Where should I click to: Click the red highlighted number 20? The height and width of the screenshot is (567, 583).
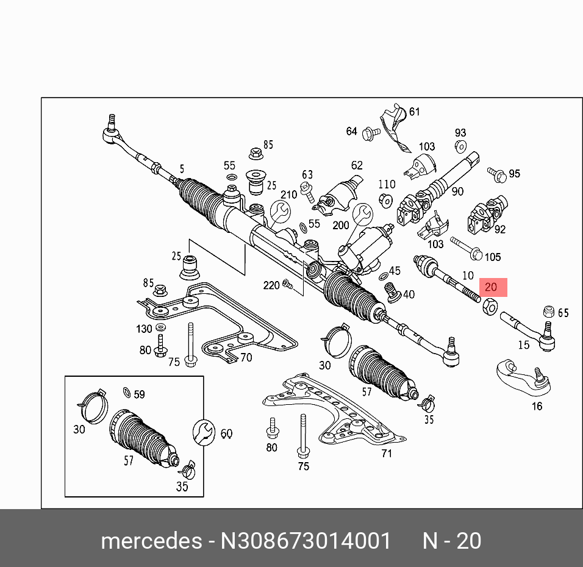click(492, 287)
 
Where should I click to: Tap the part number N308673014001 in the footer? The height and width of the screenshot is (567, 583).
click(306, 541)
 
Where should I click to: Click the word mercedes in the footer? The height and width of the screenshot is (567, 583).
click(151, 541)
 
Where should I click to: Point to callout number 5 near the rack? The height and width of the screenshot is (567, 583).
click(182, 169)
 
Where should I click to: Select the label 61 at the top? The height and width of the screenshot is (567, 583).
click(415, 112)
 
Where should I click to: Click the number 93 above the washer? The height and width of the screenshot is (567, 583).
click(460, 133)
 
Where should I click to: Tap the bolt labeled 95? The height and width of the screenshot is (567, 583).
click(498, 175)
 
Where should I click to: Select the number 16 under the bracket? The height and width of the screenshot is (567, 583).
click(537, 406)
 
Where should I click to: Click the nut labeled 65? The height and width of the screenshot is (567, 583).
click(548, 311)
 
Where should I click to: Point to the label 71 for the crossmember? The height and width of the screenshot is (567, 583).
click(387, 453)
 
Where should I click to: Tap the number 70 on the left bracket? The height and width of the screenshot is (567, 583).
click(246, 357)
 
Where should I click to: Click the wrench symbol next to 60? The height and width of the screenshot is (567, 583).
click(203, 432)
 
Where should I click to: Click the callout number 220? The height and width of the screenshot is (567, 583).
click(272, 285)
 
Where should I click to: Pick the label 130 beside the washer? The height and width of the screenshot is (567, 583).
click(145, 329)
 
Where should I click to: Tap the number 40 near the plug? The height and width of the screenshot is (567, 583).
click(409, 294)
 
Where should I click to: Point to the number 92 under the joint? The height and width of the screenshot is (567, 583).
click(500, 230)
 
